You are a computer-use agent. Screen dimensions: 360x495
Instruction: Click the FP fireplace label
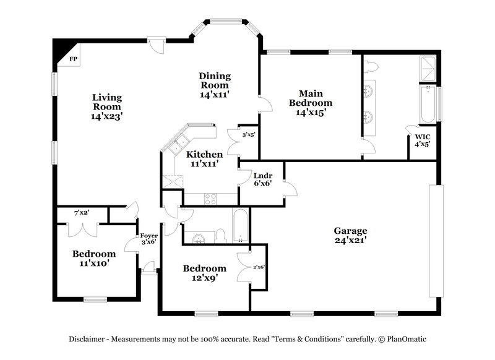74,59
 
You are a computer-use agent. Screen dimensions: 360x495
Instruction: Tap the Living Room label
106,106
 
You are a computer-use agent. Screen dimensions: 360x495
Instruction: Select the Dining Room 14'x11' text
215,85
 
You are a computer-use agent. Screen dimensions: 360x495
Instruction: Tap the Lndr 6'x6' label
259,179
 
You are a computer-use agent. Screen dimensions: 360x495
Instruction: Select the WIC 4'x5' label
423,140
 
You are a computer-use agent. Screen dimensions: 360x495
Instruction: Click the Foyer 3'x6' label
148,239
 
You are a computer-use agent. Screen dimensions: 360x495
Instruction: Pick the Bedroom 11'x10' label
94,259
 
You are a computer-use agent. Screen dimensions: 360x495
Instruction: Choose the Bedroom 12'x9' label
204,273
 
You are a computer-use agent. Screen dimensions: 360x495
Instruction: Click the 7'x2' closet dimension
82,213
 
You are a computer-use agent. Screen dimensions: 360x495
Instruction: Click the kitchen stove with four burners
210,199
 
